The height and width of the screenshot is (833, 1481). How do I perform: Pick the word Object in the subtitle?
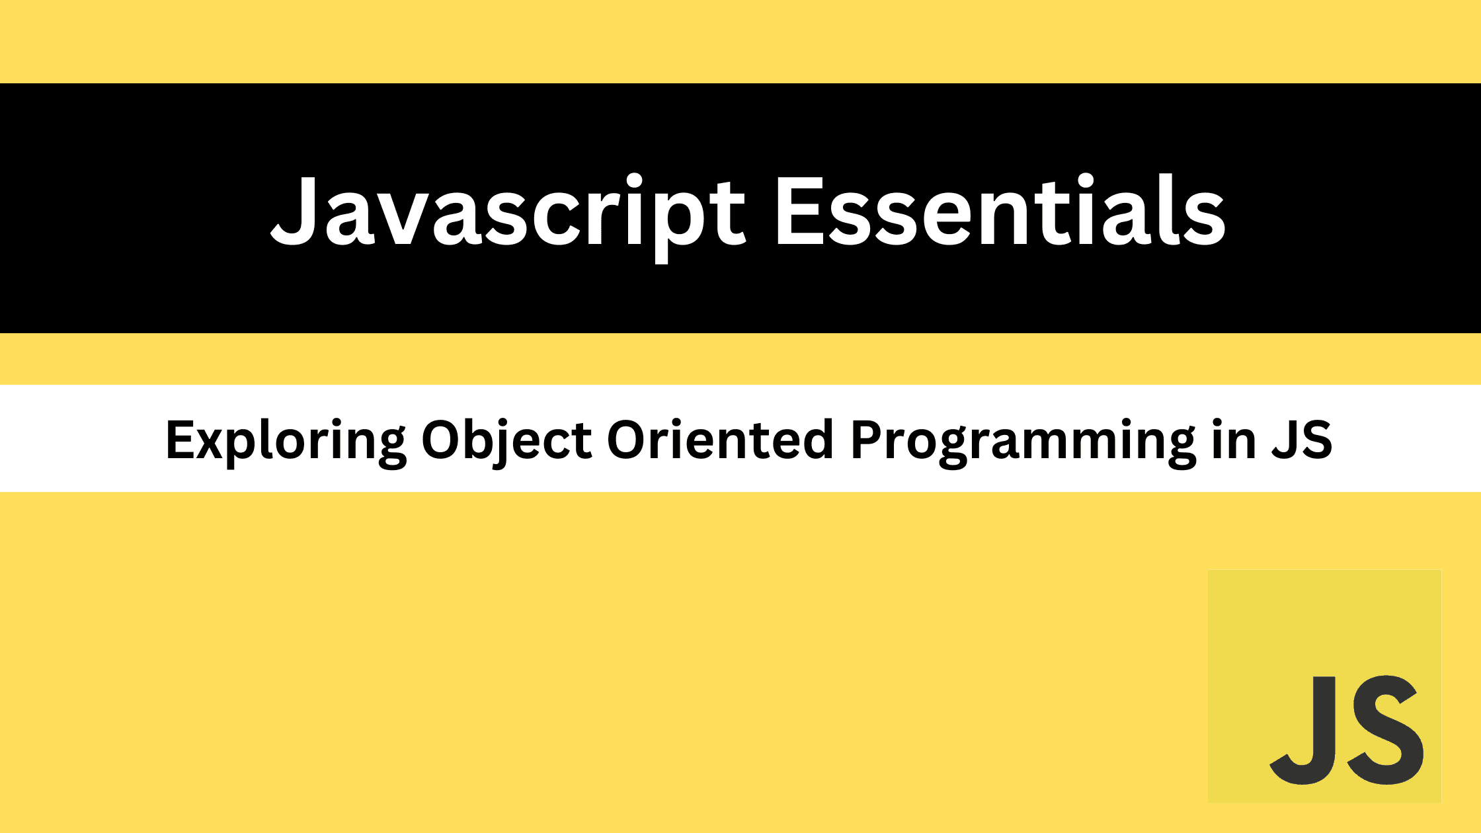[506, 440]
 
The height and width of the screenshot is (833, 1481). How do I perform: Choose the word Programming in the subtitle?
[1022, 442]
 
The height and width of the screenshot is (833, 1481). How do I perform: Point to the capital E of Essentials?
[800, 210]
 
